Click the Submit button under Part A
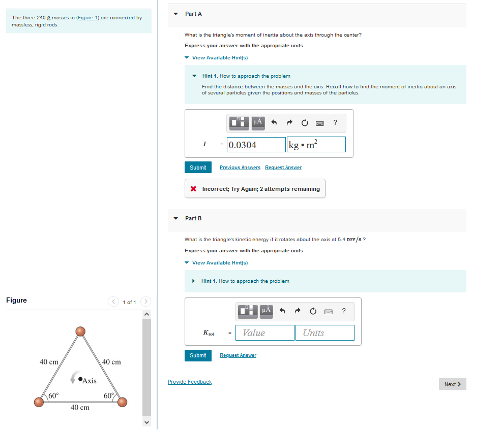click(198, 168)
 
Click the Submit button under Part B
click(198, 355)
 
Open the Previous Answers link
click(240, 168)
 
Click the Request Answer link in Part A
click(283, 168)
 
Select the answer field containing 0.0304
click(256, 145)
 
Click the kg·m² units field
click(316, 145)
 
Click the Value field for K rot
click(265, 332)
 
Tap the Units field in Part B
click(324, 332)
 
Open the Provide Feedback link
click(190, 382)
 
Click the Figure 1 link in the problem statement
click(87, 18)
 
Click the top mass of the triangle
click(80, 331)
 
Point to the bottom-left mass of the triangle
click(39, 402)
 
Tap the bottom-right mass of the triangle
click(122, 402)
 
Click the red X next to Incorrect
click(193, 189)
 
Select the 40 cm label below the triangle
click(80, 408)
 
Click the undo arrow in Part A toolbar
click(274, 122)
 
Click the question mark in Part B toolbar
click(343, 311)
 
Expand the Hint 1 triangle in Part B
click(193, 281)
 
